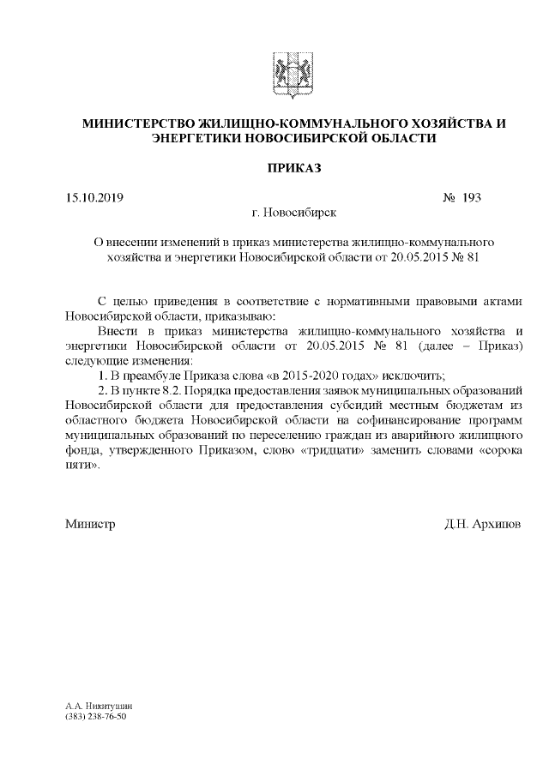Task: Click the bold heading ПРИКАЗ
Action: point(293,168)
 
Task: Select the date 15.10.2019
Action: point(94,198)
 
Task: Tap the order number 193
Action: point(471,198)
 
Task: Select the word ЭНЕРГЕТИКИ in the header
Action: point(196,137)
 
